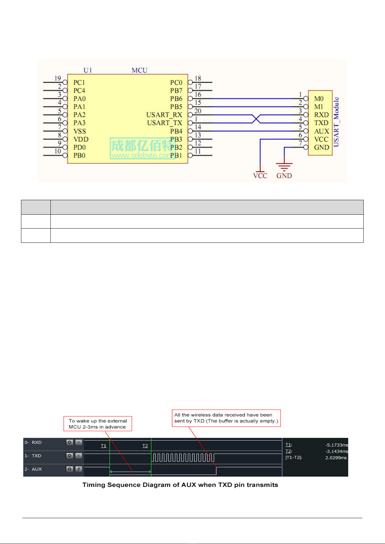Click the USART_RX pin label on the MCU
point(164,115)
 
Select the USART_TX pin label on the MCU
point(165,123)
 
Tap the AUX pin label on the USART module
point(321,131)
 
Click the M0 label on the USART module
point(319,98)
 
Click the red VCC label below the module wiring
point(260,176)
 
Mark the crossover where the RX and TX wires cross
point(256,119)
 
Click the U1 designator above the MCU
point(88,70)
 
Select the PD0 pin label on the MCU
point(80,148)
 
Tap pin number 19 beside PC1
point(58,78)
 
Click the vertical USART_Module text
point(336,122)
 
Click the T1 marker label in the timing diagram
point(103,446)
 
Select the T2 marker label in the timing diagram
point(145,446)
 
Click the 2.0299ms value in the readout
point(336,458)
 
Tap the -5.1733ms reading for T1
point(337,445)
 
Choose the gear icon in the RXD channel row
point(70,442)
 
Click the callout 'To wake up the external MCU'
point(98,424)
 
